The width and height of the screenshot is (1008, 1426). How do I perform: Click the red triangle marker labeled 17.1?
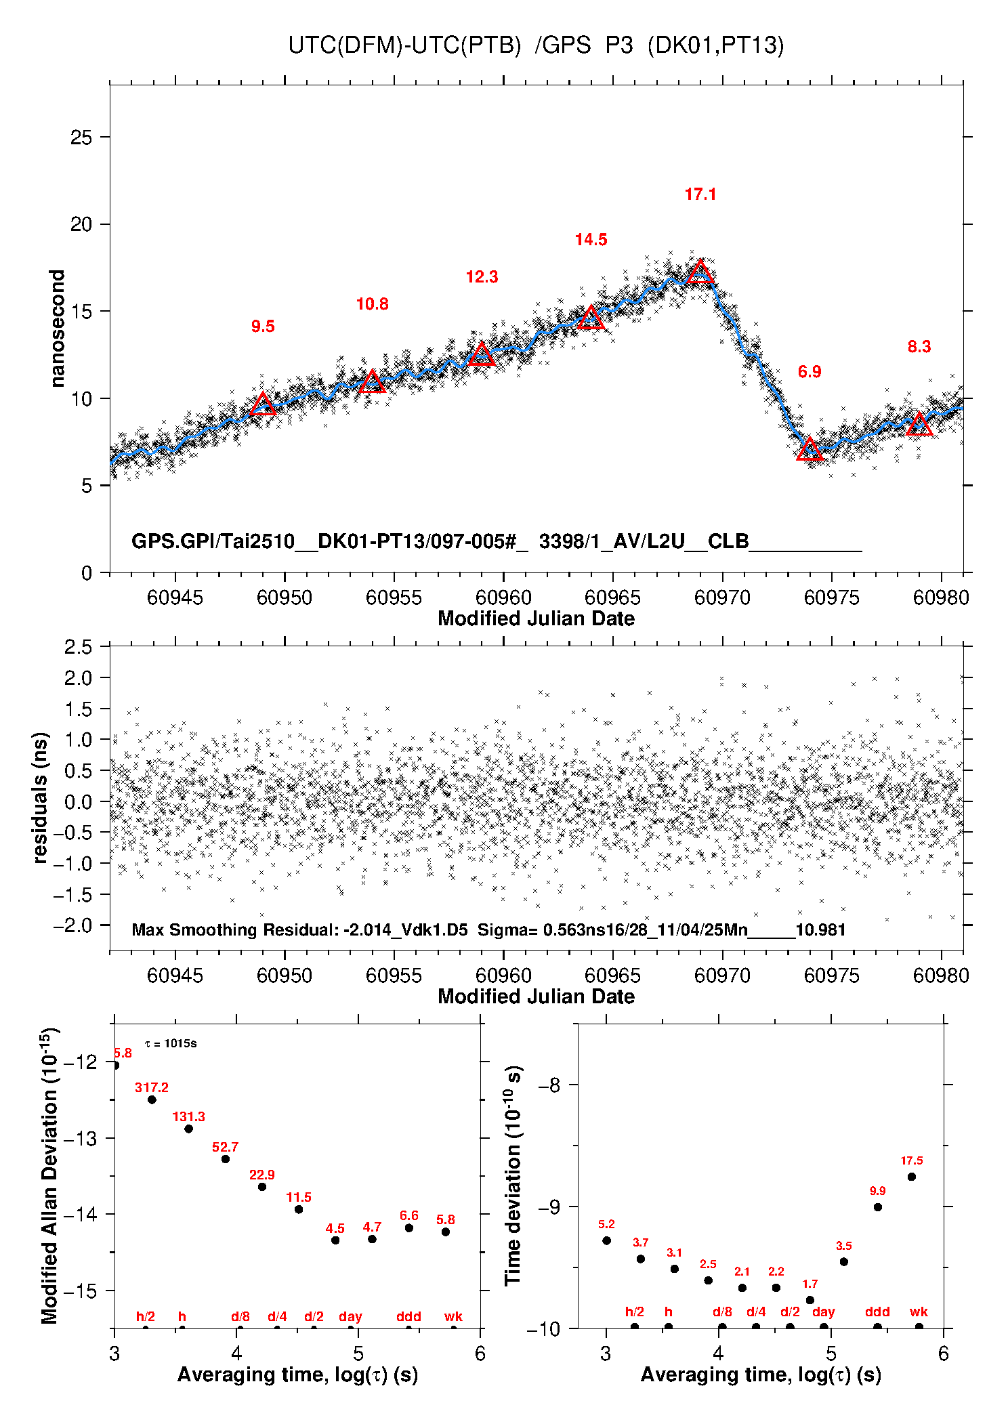[x=700, y=272]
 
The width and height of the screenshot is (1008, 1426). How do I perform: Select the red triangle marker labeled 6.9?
[x=810, y=449]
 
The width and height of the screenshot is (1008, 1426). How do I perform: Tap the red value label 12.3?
[x=482, y=277]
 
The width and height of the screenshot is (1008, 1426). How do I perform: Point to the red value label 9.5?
[x=263, y=327]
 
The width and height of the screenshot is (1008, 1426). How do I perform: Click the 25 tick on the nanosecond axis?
[x=81, y=138]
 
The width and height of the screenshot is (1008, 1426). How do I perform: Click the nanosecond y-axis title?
[x=57, y=329]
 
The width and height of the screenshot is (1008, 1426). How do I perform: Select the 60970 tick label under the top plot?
[x=722, y=597]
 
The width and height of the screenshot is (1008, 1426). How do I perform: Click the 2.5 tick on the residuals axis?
[x=79, y=647]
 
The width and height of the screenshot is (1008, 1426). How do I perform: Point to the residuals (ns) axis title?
[x=41, y=797]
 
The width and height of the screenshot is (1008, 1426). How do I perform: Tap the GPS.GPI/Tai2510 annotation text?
[x=213, y=541]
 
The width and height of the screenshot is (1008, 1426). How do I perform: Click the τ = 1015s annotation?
[x=171, y=1043]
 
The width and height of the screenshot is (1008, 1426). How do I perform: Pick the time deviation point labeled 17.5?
[x=912, y=1177]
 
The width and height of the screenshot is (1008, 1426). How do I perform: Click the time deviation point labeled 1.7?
[x=810, y=1300]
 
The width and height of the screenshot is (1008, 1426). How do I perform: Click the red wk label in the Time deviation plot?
[x=919, y=1312]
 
